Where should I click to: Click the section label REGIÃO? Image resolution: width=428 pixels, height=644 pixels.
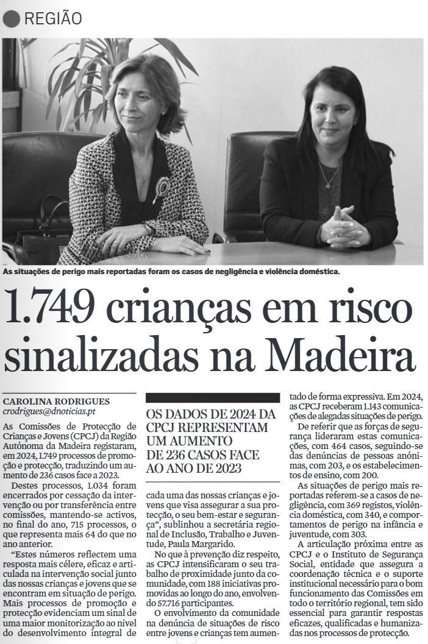(52, 19)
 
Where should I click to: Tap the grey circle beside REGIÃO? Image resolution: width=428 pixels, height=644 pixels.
(12, 19)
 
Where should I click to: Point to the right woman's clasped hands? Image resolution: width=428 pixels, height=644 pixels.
(344, 227)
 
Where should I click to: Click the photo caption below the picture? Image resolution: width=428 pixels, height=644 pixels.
(171, 271)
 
